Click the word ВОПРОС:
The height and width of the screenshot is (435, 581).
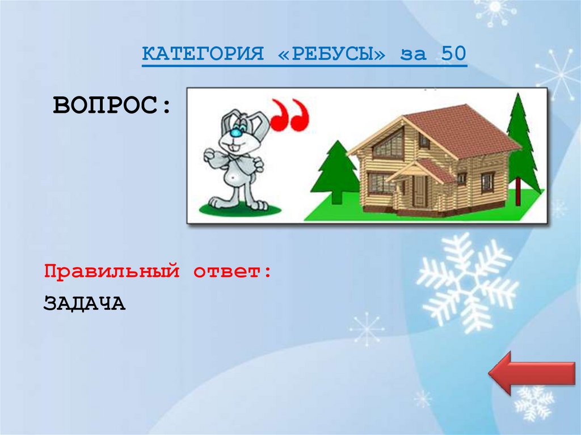coord(112,105)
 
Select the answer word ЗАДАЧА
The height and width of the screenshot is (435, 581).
coord(84,303)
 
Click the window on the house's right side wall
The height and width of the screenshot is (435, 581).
coord(487,182)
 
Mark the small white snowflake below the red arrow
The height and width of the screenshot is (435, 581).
coord(533,402)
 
